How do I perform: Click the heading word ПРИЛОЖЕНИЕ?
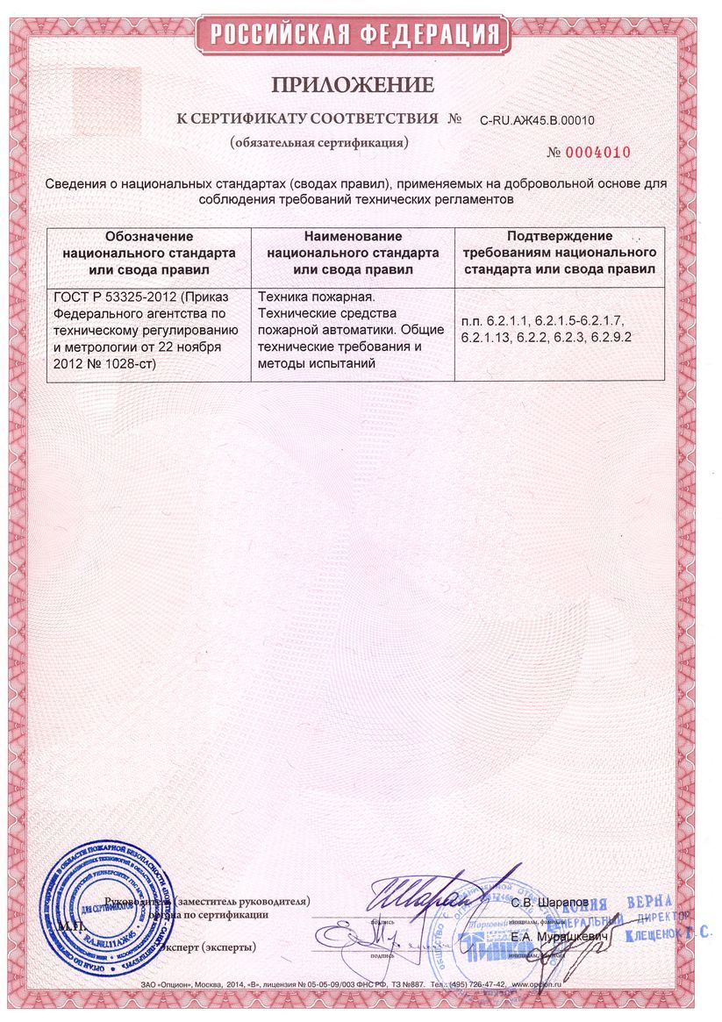tap(352, 85)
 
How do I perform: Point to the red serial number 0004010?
tap(597, 152)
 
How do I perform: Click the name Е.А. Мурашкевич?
tap(550, 938)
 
